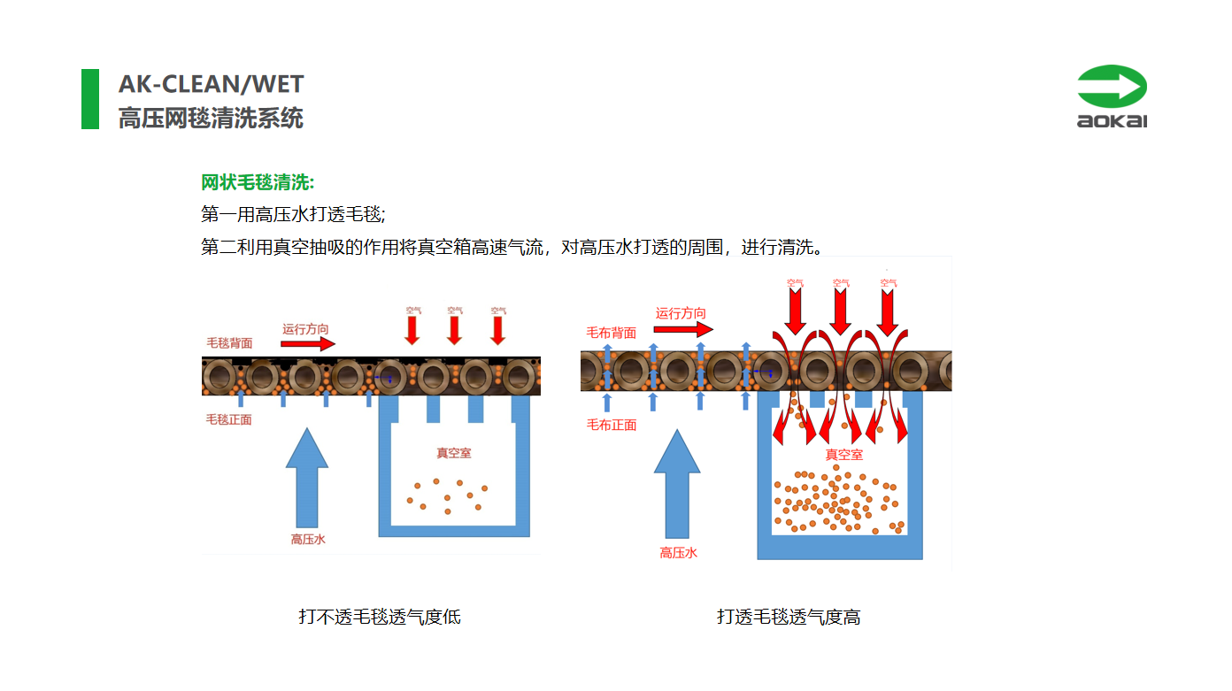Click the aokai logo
point(1112,96)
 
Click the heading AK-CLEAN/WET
point(211,85)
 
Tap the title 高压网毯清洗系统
point(211,119)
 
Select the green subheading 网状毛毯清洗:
point(258,183)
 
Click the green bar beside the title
point(90,99)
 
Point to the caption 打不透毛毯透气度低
point(380,617)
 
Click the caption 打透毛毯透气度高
point(789,617)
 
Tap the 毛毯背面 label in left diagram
point(229,343)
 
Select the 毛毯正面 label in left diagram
point(229,419)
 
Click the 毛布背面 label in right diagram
point(612,333)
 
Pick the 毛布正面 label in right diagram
point(612,425)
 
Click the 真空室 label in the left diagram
point(453,453)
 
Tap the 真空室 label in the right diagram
point(844,455)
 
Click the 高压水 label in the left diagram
point(308,539)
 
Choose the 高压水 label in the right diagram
point(678,553)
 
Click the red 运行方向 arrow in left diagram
point(309,344)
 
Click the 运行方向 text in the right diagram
point(681,313)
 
